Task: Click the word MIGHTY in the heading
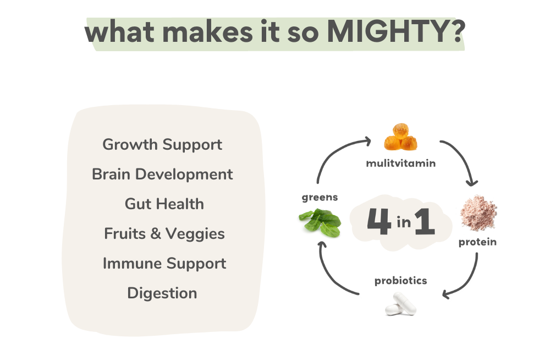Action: pyautogui.click(x=389, y=32)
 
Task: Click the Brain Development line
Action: pyautogui.click(x=162, y=174)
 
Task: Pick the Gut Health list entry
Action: pyautogui.click(x=164, y=204)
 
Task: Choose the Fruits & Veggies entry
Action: pyautogui.click(x=164, y=234)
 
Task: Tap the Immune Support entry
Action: pyautogui.click(x=164, y=264)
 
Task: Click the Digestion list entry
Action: pyautogui.click(x=162, y=293)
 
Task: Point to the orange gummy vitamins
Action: pyautogui.click(x=400, y=137)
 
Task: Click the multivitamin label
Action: pyautogui.click(x=400, y=163)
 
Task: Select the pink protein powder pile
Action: pyautogui.click(x=479, y=213)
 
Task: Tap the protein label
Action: pyautogui.click(x=477, y=242)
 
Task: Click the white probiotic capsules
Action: pyautogui.click(x=400, y=304)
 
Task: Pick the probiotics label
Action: pyautogui.click(x=400, y=281)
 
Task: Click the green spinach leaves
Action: pyautogui.click(x=320, y=222)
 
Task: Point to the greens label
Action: pyautogui.click(x=320, y=198)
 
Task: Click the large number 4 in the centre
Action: pyautogui.click(x=379, y=221)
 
